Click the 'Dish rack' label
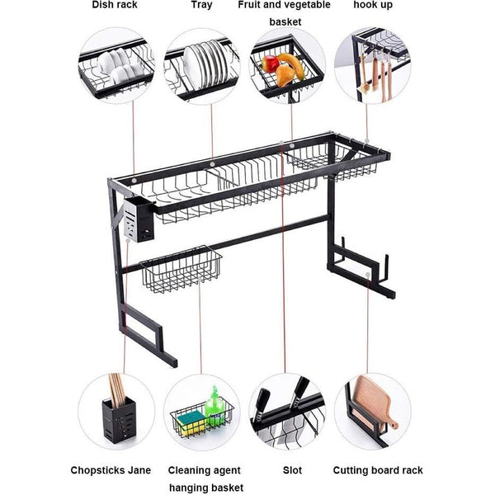tap(115, 6)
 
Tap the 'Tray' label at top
tap(201, 6)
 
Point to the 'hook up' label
tap(372, 6)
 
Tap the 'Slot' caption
tap(291, 470)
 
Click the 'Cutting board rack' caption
tap(378, 470)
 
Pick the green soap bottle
tap(214, 405)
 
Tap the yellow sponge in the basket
tap(195, 423)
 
